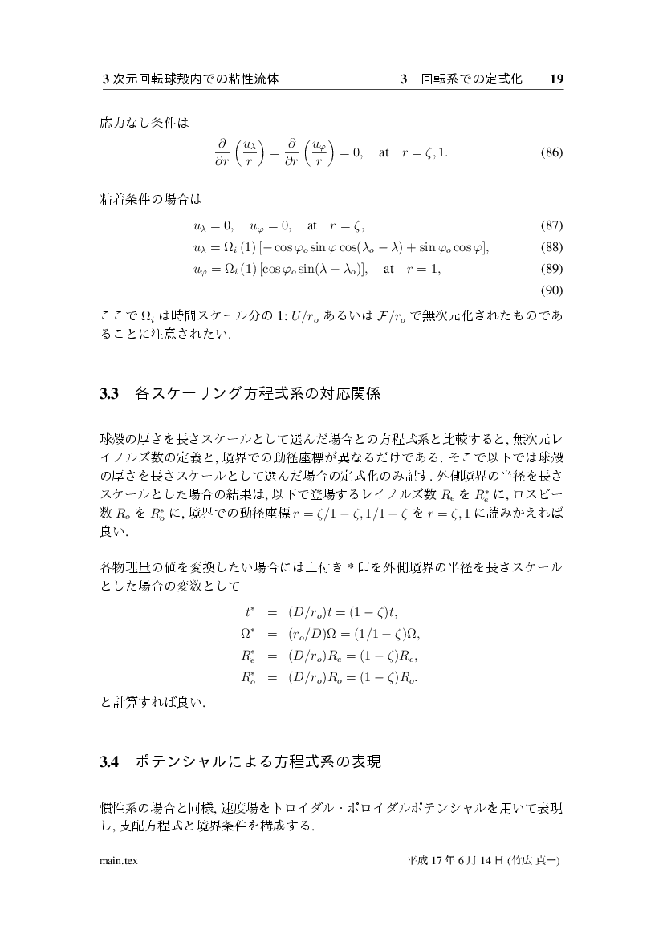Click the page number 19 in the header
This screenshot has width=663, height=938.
556,80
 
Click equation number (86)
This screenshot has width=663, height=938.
551,152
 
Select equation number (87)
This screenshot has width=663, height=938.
551,225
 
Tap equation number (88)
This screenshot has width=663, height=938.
551,247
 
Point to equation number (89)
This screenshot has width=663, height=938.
551,270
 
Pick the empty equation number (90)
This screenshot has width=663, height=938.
551,290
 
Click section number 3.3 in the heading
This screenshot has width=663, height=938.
109,394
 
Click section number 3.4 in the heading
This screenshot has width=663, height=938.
109,761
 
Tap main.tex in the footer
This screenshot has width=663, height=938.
116,863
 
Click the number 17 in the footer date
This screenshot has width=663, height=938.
437,863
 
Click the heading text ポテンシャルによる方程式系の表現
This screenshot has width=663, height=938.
258,761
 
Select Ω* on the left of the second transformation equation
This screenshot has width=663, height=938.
247,634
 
